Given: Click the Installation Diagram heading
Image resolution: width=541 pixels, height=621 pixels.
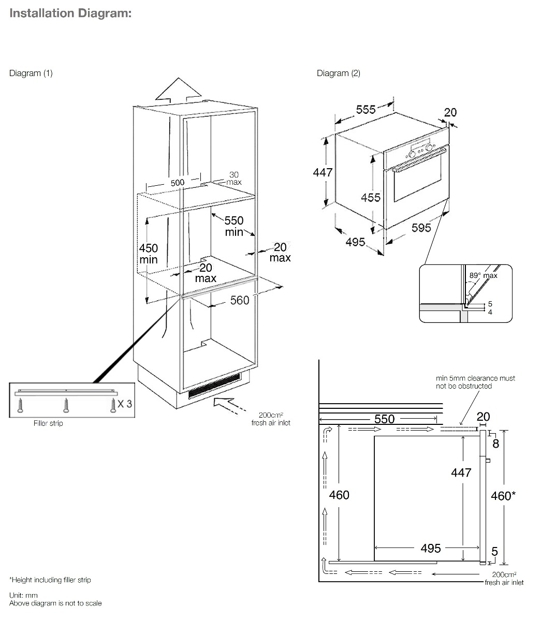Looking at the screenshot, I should coord(70,13).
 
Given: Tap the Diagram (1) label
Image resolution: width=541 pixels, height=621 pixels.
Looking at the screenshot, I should coord(31,73).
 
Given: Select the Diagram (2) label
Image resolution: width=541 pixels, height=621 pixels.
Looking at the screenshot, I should coord(339,73).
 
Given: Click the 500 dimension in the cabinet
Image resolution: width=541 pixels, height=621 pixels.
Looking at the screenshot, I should coord(178,182).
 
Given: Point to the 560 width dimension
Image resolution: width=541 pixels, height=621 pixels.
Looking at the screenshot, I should coord(239,300).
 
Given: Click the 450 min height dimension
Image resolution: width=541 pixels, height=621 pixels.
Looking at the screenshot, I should coord(148,254).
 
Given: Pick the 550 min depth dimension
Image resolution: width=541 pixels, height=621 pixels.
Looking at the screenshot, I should coord(234,226).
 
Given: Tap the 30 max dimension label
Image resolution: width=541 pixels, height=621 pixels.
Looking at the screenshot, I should coord(234,179).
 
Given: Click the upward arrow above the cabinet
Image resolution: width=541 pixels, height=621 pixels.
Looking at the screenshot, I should coord(179,93).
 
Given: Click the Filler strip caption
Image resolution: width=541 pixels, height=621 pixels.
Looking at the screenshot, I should coord(48,423).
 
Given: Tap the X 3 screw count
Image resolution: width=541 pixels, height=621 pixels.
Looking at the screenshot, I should coord(124,403).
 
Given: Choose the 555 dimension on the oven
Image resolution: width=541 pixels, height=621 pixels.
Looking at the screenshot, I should coord(365,110).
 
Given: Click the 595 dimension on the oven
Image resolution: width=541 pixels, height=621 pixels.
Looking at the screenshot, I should coord(421,228).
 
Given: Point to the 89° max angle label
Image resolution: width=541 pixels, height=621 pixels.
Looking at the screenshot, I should coord(483,276).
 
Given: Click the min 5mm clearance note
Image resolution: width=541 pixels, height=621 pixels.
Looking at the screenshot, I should coord(475,382).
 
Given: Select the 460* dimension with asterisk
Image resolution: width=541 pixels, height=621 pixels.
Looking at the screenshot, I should coord(503,496).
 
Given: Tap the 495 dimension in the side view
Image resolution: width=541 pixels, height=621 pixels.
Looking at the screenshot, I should coord(431,548).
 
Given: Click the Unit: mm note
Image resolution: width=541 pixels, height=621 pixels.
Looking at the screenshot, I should coord(24,595).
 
